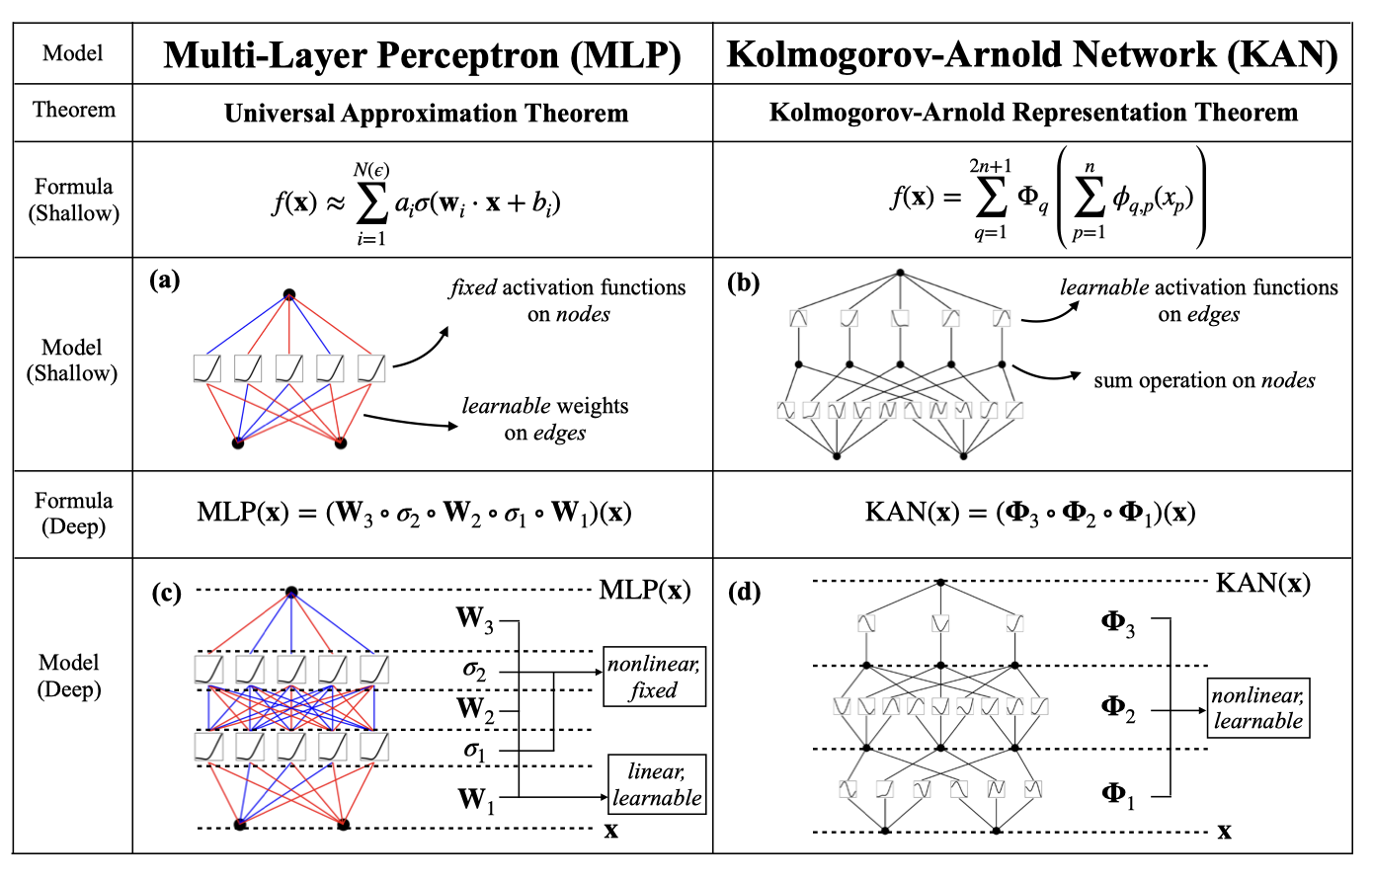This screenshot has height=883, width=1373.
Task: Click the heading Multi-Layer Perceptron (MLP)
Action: (x=422, y=54)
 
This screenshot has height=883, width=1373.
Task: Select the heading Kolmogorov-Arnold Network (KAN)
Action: (x=1032, y=54)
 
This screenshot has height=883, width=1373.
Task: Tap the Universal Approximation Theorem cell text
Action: (x=426, y=114)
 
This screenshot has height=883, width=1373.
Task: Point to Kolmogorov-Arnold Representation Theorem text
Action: (x=1033, y=113)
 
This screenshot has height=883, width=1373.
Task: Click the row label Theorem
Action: (x=74, y=110)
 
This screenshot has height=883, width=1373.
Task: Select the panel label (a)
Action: (x=164, y=281)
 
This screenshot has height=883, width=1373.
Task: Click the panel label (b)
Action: (x=743, y=283)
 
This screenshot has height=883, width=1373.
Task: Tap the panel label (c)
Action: (x=166, y=593)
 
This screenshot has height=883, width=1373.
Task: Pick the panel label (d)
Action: (x=744, y=593)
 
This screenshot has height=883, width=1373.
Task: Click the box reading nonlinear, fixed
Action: (x=654, y=677)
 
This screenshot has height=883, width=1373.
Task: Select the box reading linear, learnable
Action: (x=657, y=784)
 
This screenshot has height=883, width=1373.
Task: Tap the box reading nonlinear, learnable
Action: (x=1257, y=708)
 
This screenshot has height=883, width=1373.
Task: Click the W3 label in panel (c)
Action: (x=474, y=619)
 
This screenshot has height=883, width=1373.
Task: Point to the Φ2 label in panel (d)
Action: (x=1118, y=708)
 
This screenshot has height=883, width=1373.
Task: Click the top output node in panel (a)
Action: (x=289, y=294)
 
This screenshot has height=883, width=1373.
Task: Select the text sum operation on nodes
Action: (x=1204, y=380)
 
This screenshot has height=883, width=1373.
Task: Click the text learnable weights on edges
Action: (x=545, y=419)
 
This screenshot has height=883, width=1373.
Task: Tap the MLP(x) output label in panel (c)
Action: (x=644, y=591)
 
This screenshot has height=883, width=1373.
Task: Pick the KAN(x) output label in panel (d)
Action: (x=1262, y=583)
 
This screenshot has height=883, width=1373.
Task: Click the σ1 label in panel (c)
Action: (x=475, y=751)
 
